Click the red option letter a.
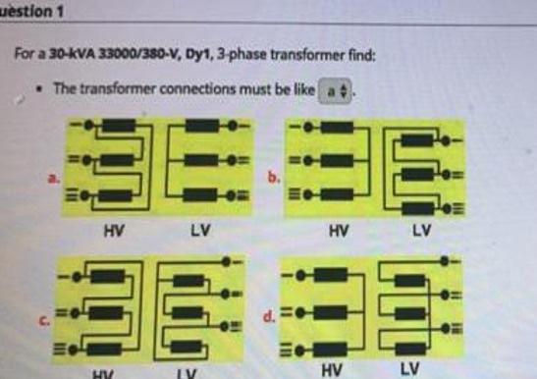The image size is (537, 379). point(54,178)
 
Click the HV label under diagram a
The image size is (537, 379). point(111,231)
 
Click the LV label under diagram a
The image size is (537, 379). point(200,231)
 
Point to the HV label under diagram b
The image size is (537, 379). point(338,231)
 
